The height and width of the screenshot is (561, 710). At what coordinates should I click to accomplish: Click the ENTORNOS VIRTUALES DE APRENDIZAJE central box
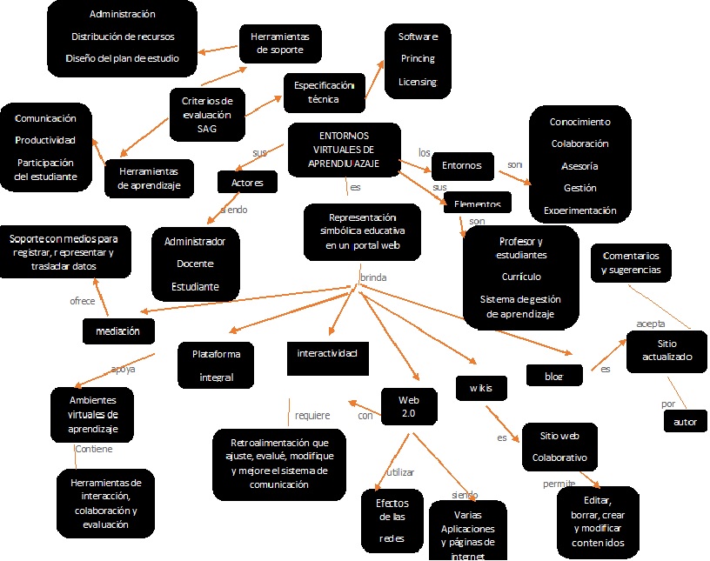click(344, 150)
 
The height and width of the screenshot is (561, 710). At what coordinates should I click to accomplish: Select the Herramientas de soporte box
click(280, 43)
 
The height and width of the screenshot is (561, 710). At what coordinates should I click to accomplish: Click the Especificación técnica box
click(325, 92)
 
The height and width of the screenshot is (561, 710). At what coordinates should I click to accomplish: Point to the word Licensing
click(417, 82)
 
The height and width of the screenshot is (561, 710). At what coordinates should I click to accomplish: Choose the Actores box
click(248, 183)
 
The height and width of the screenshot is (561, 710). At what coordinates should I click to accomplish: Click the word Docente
click(194, 263)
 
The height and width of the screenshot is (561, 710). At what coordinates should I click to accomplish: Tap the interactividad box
click(327, 353)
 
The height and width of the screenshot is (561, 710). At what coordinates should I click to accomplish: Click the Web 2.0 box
click(408, 405)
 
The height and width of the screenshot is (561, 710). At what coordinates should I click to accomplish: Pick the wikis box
click(475, 387)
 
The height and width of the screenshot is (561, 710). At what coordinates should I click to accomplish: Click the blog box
click(553, 376)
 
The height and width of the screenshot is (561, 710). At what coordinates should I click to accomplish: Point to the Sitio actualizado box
click(667, 350)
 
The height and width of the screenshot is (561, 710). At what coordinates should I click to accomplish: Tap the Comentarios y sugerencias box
click(631, 263)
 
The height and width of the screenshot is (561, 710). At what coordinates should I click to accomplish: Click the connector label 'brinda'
click(373, 277)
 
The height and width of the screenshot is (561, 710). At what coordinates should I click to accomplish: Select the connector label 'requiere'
click(312, 415)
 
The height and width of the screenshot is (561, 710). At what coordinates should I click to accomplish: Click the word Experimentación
click(579, 210)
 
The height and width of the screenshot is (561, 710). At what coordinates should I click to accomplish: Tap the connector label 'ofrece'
click(83, 301)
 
